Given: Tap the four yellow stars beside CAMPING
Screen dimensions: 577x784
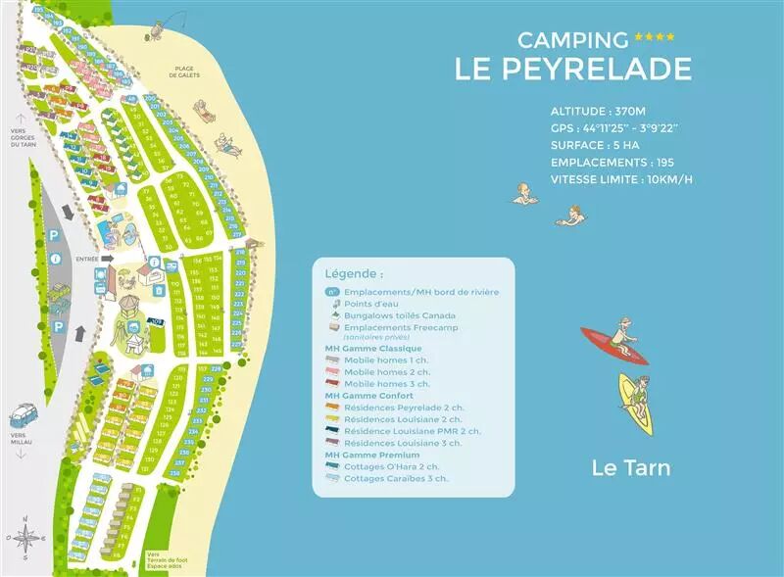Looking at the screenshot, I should pos(655,38).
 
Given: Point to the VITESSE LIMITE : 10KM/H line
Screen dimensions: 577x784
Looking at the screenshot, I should pos(621,179).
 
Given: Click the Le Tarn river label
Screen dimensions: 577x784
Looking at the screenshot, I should pos(631,467).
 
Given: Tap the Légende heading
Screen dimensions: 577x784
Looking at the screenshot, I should pos(354,274).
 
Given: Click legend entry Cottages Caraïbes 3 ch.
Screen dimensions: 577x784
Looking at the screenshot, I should pos(396,478).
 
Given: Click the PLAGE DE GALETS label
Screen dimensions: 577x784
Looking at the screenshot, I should pos(184,72).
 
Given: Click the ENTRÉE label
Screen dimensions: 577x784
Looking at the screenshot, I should pos(85,259).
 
